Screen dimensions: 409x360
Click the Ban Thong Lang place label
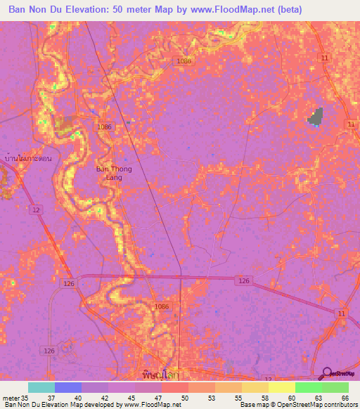coord(109,174)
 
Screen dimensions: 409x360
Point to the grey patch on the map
coord(315,117)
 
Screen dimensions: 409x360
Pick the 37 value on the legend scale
coord(51,397)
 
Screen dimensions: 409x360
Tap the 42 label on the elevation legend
coord(105,397)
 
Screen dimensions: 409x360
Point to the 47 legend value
coord(158,397)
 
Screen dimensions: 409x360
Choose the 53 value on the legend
coord(211,397)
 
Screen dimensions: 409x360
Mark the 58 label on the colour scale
coord(264,397)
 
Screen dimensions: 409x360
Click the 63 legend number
coord(318,397)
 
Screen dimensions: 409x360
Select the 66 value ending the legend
coord(345,397)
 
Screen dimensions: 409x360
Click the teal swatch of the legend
coord(41,387)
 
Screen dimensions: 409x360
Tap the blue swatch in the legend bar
coord(68,387)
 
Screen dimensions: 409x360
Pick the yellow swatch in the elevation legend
coord(281,387)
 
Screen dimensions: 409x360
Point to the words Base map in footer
coord(252,405)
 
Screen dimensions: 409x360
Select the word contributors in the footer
coord(340,405)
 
